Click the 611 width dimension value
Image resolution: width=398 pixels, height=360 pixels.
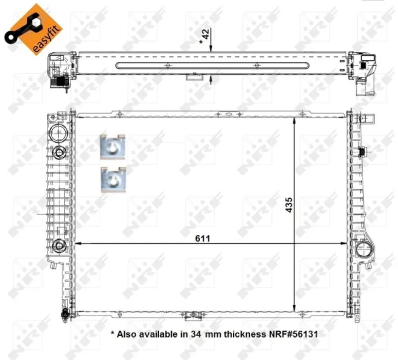202,239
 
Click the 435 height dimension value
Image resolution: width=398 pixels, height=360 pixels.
289,205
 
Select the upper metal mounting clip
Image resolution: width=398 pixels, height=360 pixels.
113,147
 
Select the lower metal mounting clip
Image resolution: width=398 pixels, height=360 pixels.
113,180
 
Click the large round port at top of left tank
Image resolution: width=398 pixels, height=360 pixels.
58,132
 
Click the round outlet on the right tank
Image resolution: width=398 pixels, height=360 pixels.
363,249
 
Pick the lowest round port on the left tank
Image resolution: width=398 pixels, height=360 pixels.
59,246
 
